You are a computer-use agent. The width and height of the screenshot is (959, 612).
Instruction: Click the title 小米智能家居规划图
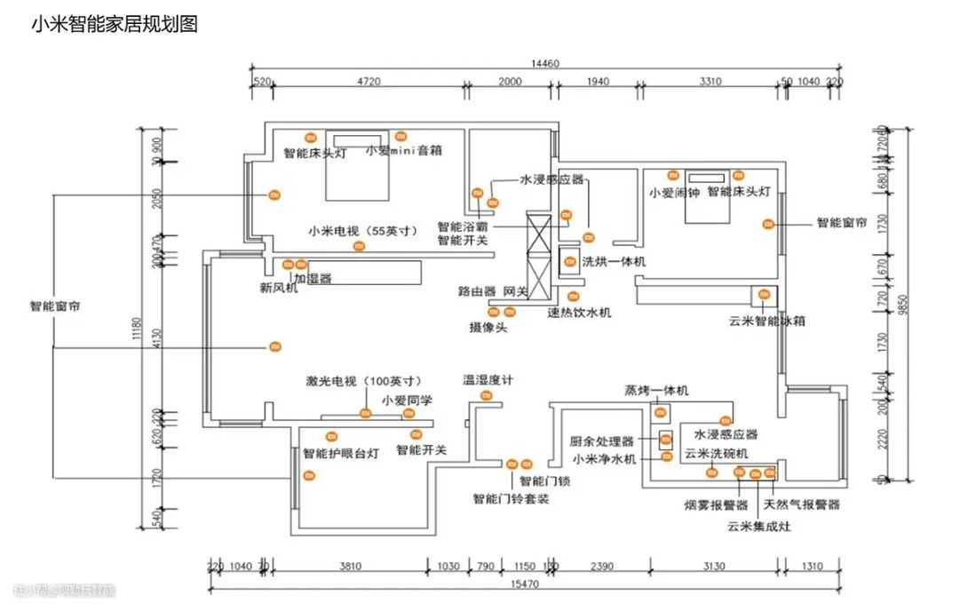(114, 24)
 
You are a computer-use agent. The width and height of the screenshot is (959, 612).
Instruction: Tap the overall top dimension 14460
(544, 63)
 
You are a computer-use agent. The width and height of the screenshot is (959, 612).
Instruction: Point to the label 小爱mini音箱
(403, 151)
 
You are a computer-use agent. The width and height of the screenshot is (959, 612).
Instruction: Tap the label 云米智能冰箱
(767, 322)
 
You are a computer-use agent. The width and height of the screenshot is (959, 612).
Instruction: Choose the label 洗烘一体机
(614, 262)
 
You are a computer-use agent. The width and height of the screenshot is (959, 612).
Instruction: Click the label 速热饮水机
(579, 313)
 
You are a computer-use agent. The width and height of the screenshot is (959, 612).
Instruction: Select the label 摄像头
(488, 328)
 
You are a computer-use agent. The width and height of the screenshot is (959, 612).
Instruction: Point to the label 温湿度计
(488, 380)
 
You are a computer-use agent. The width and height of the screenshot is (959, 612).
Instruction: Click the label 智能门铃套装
(511, 499)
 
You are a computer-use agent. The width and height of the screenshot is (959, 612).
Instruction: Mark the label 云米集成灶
(758, 526)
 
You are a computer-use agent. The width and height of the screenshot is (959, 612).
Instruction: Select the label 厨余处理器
(602, 441)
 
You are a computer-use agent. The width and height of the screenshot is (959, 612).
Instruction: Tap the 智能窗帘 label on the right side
(842, 223)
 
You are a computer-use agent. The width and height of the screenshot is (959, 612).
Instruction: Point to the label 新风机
(279, 288)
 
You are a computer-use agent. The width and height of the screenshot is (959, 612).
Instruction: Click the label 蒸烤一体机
(656, 391)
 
